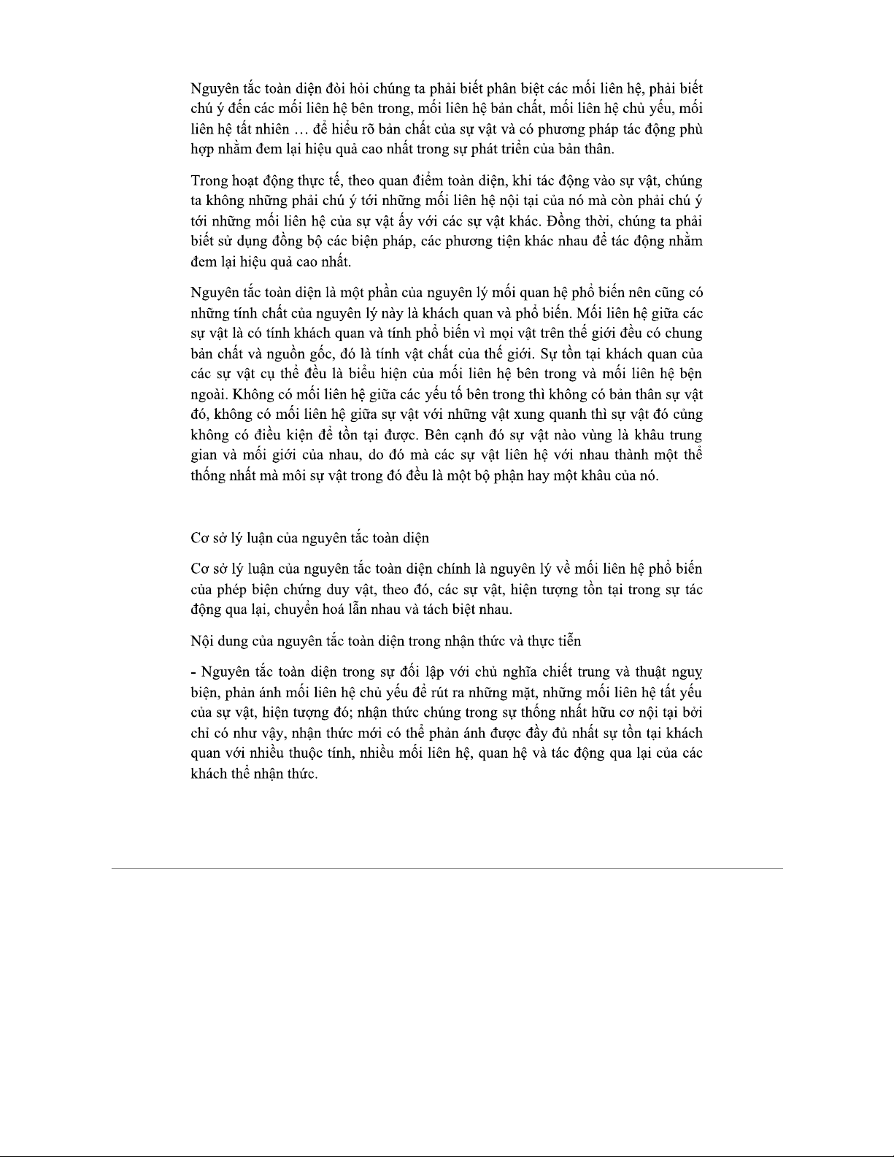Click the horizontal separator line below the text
click(x=447, y=868)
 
